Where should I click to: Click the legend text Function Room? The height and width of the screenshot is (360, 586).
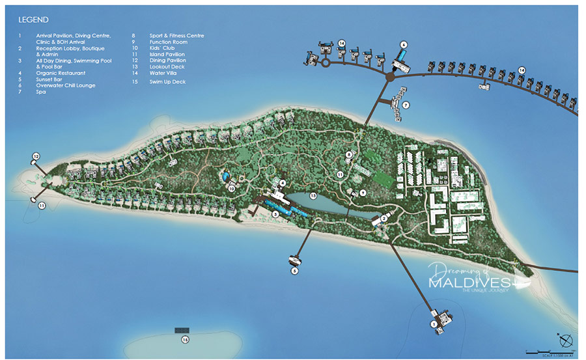click(x=167, y=42)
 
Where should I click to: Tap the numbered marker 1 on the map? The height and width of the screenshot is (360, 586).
click(x=434, y=324)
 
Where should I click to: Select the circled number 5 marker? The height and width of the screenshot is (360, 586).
click(x=294, y=270)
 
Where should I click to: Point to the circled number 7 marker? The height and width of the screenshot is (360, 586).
click(x=406, y=104)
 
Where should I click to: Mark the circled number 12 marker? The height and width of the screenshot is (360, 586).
click(x=36, y=156)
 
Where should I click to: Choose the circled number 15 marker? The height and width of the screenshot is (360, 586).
click(x=186, y=340)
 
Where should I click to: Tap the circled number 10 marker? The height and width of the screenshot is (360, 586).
click(x=231, y=189)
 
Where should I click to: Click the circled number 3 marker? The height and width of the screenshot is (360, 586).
click(x=275, y=214)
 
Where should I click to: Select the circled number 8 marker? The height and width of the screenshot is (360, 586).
click(x=349, y=154)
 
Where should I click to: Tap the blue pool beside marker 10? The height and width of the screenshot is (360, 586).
click(x=225, y=176)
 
